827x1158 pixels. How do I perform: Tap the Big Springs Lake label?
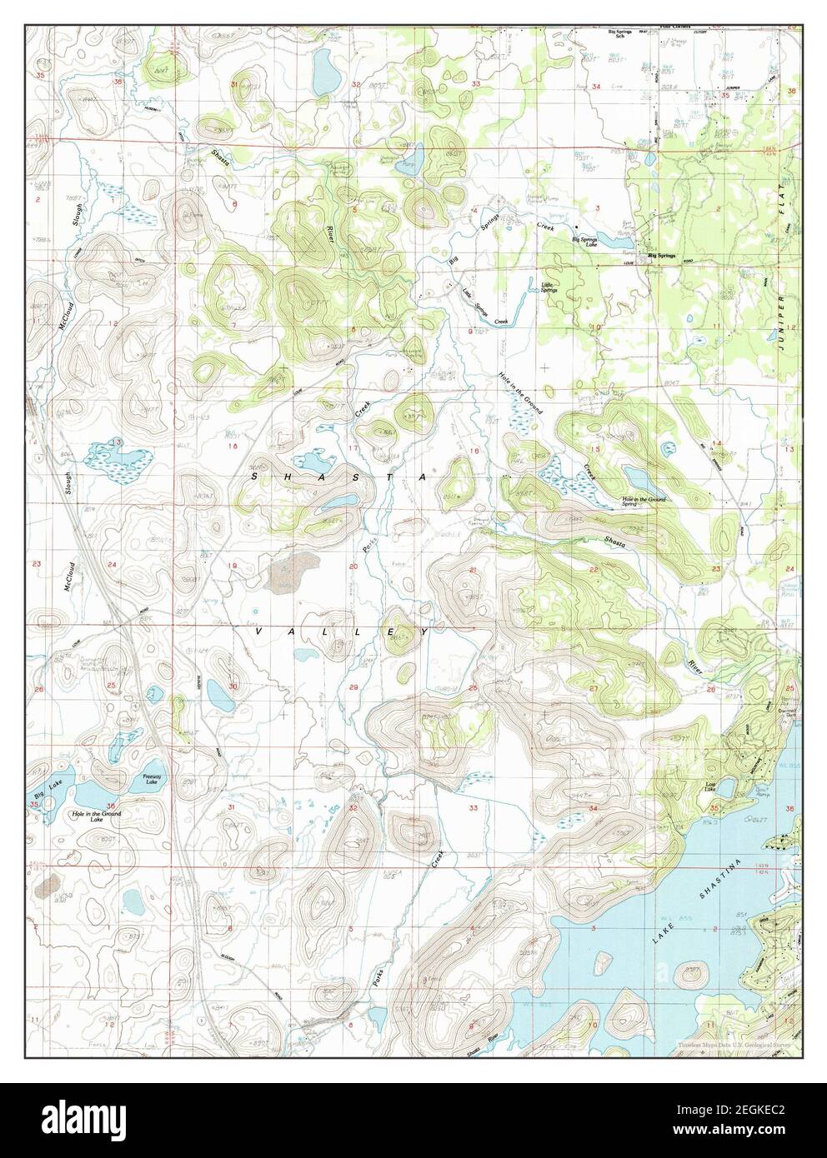(x=584, y=241)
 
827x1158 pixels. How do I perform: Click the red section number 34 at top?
(x=596, y=87)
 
